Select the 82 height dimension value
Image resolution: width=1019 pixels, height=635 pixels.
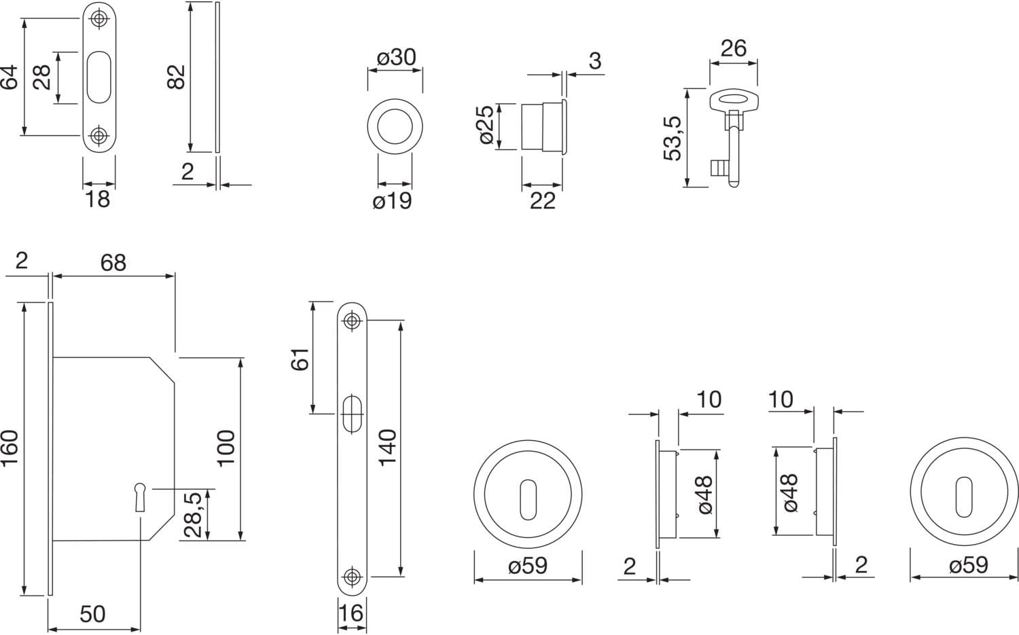[176, 77]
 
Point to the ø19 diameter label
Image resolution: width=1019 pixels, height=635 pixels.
[392, 201]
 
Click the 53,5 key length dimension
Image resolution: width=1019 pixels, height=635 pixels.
[672, 138]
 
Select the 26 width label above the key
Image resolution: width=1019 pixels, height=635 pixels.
[733, 48]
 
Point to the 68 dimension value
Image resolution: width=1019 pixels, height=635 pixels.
[113, 263]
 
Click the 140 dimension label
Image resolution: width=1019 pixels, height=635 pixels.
[387, 448]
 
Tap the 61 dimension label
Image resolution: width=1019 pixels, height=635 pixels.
[300, 359]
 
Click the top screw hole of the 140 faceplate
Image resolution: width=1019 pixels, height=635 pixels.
[351, 320]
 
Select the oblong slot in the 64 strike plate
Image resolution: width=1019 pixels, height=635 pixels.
[99, 77]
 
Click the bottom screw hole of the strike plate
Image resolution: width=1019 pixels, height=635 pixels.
[99, 135]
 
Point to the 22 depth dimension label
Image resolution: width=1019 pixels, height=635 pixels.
[542, 200]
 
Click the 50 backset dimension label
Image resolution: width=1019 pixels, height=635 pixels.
[92, 614]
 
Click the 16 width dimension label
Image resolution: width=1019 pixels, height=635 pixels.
[351, 613]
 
